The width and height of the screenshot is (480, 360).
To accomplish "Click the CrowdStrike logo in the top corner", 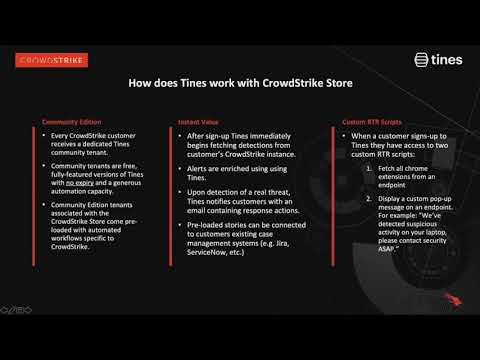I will (x=52, y=60).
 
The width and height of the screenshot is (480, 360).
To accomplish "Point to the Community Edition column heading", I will (x=70, y=120).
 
